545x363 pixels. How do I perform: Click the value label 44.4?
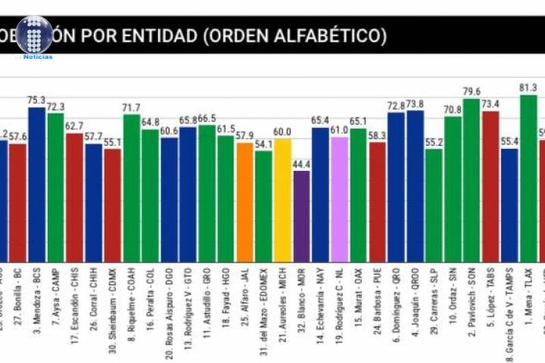coord(301,164)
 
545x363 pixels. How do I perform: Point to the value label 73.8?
coord(415,104)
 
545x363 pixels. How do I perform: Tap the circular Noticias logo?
coord(34,35)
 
